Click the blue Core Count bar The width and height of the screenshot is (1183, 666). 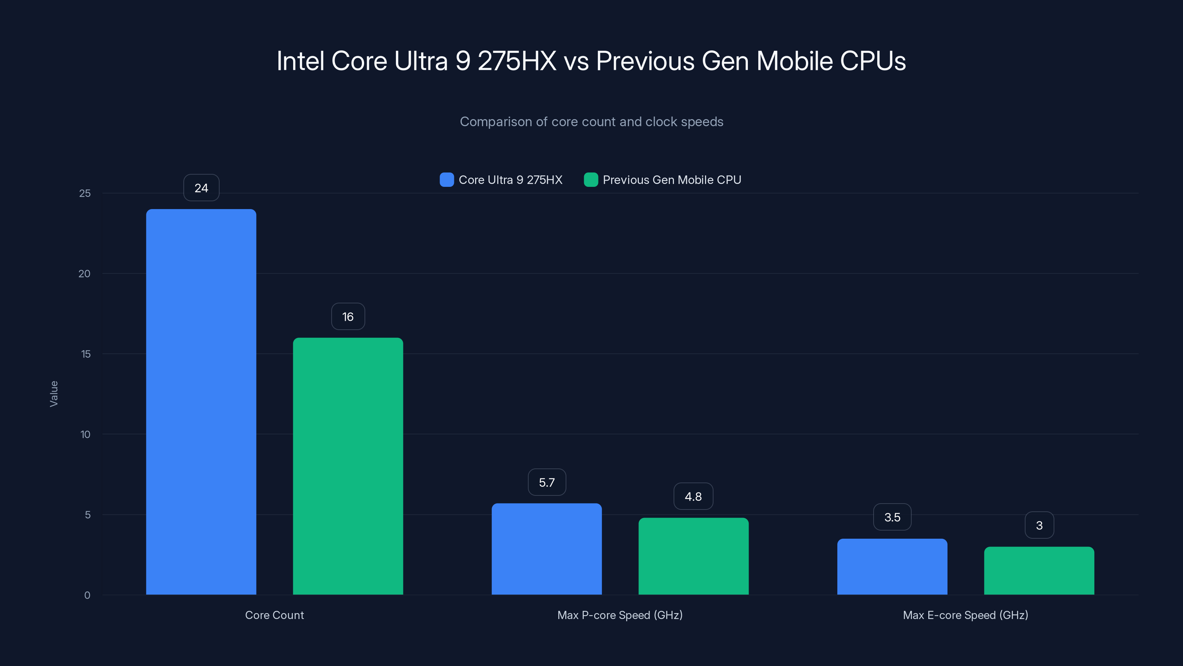[201, 402]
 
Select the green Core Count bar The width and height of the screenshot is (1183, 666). [348, 466]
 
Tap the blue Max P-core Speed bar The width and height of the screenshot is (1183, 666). [546, 549]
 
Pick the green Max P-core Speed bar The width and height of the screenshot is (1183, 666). [694, 556]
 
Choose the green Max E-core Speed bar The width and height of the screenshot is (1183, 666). [1039, 571]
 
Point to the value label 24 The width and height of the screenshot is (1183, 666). [201, 188]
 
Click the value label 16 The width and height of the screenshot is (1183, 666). [348, 317]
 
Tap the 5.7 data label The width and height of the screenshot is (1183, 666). [546, 482]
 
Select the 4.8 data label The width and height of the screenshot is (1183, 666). [693, 497]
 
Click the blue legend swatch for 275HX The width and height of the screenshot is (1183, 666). [446, 180]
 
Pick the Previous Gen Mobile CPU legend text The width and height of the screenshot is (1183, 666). [671, 180]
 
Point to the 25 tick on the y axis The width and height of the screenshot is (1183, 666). [85, 194]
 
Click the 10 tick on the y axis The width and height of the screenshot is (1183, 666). [85, 434]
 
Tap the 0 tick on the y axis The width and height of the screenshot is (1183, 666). [87, 595]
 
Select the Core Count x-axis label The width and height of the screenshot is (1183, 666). [274, 615]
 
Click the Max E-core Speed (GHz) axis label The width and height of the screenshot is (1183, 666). [965, 615]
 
